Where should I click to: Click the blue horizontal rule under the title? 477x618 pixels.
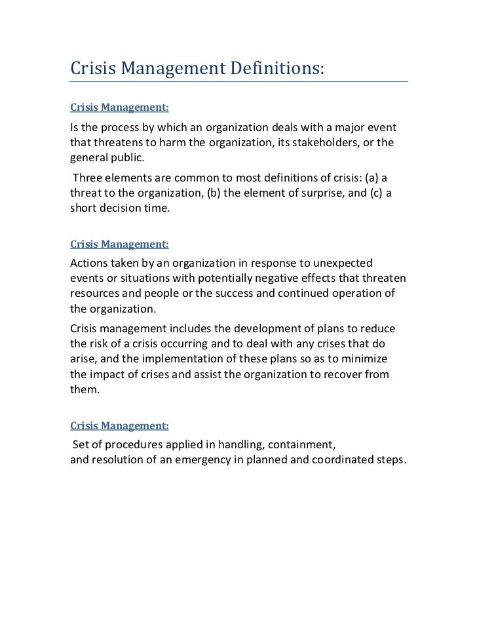click(238, 82)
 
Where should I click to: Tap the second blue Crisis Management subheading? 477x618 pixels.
click(119, 244)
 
